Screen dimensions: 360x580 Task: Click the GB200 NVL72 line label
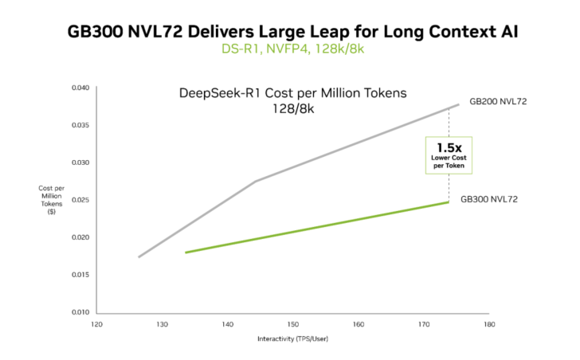pyautogui.click(x=498, y=102)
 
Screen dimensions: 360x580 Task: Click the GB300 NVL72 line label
pyautogui.click(x=490, y=198)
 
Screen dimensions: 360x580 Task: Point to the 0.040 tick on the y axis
pyautogui.click(x=81, y=88)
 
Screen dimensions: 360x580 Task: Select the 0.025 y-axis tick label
pyautogui.click(x=81, y=200)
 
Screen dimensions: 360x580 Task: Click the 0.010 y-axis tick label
pyautogui.click(x=81, y=312)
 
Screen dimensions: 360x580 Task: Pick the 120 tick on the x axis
pyautogui.click(x=96, y=324)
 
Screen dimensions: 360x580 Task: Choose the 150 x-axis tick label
pyautogui.click(x=292, y=324)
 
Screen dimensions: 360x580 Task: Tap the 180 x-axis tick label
pyautogui.click(x=488, y=324)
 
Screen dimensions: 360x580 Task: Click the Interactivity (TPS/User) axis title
pyautogui.click(x=292, y=338)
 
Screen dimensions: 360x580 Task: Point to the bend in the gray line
pyautogui.click(x=256, y=182)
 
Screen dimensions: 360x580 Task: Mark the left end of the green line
pyautogui.click(x=186, y=252)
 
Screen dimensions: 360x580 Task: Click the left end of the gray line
pyautogui.click(x=139, y=257)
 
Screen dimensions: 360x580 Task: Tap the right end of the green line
pyautogui.click(x=449, y=202)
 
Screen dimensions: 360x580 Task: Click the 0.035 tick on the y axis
pyautogui.click(x=81, y=125)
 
